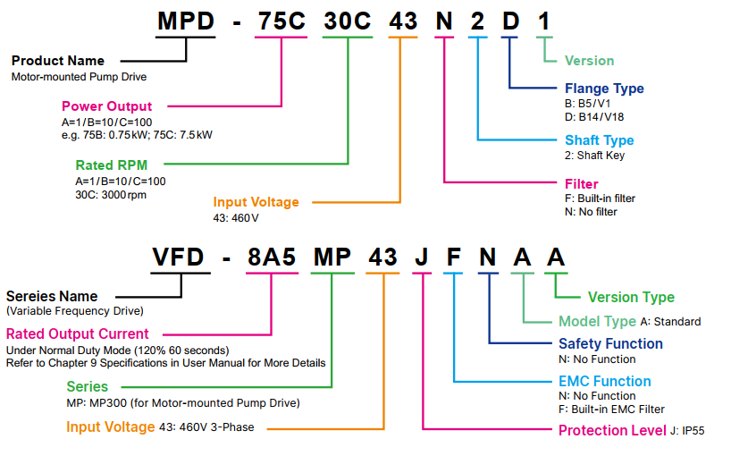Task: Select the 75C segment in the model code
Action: [281, 21]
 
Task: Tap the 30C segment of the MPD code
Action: [347, 21]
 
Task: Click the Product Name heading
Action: [57, 61]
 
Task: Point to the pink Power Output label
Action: [106, 106]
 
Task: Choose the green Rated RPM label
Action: [111, 165]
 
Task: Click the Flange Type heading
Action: [604, 89]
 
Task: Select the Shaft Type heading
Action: [599, 140]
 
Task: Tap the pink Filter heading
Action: [582, 184]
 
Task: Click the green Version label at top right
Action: [589, 61]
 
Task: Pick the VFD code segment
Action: [180, 258]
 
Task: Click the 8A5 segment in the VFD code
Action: [272, 258]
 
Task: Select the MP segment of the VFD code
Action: [332, 258]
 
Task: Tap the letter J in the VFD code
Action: [422, 258]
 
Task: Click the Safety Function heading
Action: [610, 343]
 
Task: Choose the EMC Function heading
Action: [604, 381]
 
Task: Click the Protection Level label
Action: [611, 430]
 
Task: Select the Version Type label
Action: [631, 297]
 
